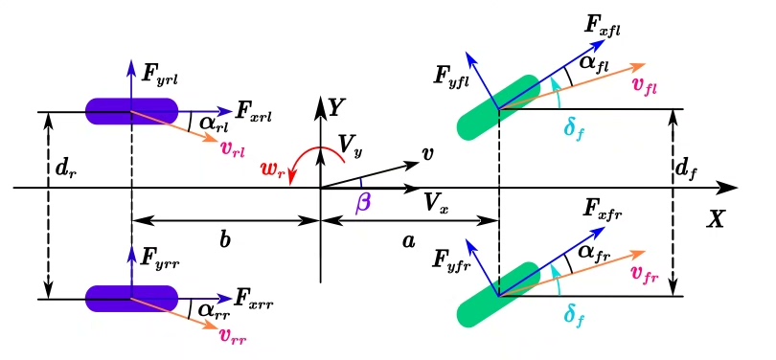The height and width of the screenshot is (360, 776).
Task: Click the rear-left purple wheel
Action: coord(131,111)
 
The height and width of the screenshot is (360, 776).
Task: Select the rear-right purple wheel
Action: coord(131,299)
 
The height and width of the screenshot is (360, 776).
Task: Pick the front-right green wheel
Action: coord(498,295)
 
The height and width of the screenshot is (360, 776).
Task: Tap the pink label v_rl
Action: coord(233,147)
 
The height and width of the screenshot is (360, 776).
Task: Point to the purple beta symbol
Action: coord(363,203)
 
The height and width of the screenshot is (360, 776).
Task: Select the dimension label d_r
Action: coord(68,169)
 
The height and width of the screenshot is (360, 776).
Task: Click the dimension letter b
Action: coord(225,240)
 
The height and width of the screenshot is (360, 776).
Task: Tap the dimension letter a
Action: coord(408,241)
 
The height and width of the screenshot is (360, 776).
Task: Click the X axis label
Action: coord(715,219)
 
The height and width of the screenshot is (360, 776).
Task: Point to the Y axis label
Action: coord(336,107)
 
